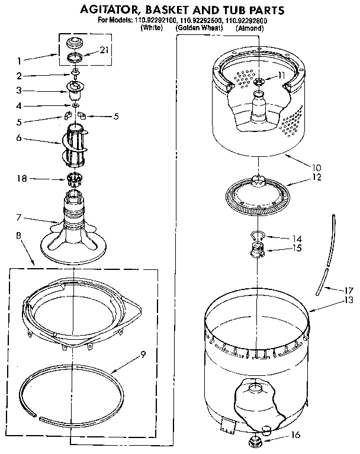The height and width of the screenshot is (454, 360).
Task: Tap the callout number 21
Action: coord(105,51)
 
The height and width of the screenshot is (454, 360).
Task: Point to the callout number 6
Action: coord(19,137)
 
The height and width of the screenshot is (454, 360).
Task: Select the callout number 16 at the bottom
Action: coord(296,435)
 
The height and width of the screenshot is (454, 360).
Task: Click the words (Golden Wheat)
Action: coord(197,28)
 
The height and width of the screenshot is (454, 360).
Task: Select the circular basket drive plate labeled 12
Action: coord(257,194)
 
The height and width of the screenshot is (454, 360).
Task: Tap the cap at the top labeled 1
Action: coord(76,43)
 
